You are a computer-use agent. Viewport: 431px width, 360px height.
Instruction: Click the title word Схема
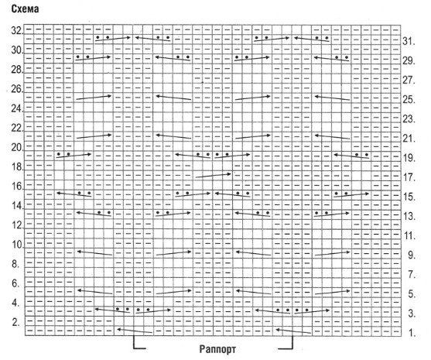click(x=25, y=9)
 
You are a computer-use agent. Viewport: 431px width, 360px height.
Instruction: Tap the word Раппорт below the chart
click(x=217, y=349)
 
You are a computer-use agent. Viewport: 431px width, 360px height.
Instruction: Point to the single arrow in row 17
click(x=214, y=175)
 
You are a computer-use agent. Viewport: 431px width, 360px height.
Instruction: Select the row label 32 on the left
click(x=16, y=31)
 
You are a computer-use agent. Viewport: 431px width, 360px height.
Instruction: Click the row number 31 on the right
click(x=409, y=41)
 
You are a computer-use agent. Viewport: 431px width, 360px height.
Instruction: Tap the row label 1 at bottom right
click(x=412, y=333)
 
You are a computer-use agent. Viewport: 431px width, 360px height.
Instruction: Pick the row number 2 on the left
click(x=16, y=322)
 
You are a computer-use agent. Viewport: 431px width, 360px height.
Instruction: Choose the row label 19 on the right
click(x=409, y=158)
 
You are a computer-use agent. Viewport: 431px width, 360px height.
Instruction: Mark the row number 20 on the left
click(x=16, y=148)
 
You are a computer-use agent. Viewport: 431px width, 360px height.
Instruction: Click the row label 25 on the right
click(x=409, y=100)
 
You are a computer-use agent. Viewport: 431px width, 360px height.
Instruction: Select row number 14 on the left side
click(x=16, y=206)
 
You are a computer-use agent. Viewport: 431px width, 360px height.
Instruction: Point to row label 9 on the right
click(x=412, y=255)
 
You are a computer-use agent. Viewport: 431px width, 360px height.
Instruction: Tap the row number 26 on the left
click(x=16, y=89)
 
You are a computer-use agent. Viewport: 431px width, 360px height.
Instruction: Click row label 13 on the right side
click(x=409, y=216)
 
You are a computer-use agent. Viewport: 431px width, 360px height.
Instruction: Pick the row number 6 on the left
click(x=16, y=283)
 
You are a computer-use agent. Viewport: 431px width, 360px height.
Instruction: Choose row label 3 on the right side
click(x=412, y=314)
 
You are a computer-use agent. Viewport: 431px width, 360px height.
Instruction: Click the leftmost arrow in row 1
click(x=135, y=331)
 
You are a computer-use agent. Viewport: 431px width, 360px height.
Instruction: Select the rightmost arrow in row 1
click(x=293, y=331)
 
